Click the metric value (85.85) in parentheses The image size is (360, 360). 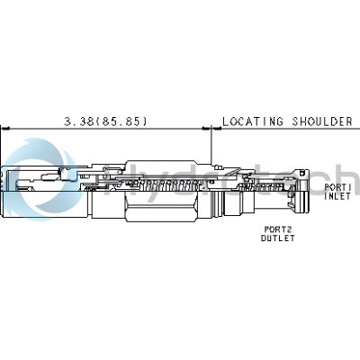(x=123, y=121)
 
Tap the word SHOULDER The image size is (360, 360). (x=322, y=121)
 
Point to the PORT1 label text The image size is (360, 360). (x=337, y=187)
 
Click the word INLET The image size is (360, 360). (x=337, y=196)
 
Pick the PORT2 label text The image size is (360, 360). (x=278, y=229)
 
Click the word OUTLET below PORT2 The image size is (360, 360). (x=278, y=238)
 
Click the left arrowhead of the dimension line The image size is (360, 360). (x=5, y=129)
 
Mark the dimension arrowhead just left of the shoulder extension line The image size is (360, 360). (x=207, y=129)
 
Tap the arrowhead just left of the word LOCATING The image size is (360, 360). (x=217, y=129)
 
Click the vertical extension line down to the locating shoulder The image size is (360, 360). (x=211, y=145)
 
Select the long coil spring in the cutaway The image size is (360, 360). (x=166, y=186)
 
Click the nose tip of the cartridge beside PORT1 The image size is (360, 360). (x=303, y=192)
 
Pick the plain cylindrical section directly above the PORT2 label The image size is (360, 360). (x=239, y=204)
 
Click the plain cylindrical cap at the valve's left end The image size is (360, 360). (x=46, y=205)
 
